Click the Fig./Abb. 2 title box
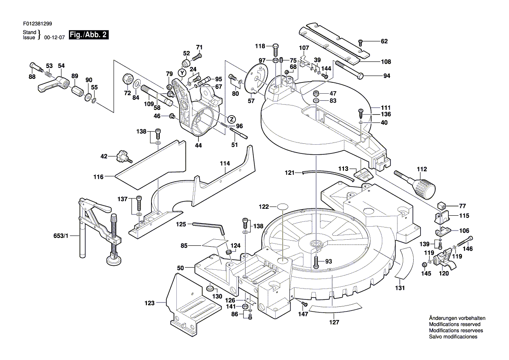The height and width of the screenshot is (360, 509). pyautogui.click(x=89, y=35)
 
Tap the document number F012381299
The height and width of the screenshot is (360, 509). pyautogui.click(x=37, y=24)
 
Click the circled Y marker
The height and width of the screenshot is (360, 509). pyautogui.click(x=182, y=72)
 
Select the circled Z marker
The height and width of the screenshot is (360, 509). pyautogui.click(x=232, y=119)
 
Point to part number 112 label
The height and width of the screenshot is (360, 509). pyautogui.click(x=421, y=169)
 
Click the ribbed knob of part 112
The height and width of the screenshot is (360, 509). pyautogui.click(x=425, y=188)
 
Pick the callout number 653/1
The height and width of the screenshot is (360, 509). pyautogui.click(x=61, y=235)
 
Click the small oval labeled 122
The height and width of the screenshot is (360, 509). pyautogui.click(x=283, y=207)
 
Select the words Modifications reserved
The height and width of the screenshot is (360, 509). pyautogui.click(x=455, y=324)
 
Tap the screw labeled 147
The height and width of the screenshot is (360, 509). pyautogui.click(x=304, y=303)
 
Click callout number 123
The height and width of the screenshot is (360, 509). pyautogui.click(x=150, y=303)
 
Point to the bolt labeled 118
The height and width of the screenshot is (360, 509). pyautogui.click(x=275, y=49)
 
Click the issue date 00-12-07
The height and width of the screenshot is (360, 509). pyautogui.click(x=54, y=37)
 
